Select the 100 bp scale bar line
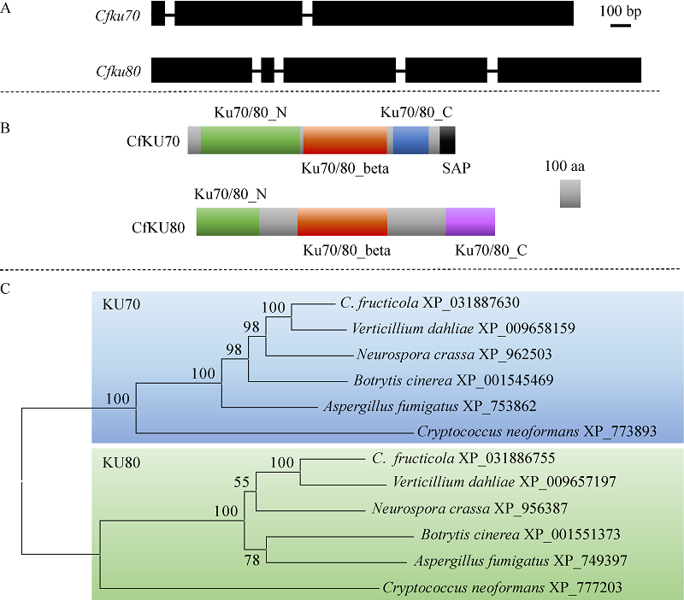point(621,25)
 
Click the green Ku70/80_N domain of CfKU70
point(251,140)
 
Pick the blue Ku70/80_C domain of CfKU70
point(411,140)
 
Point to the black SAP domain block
point(448,140)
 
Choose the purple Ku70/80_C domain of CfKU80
point(470,221)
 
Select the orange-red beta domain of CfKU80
point(342,221)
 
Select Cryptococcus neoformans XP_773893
point(537,432)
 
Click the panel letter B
point(6,128)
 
